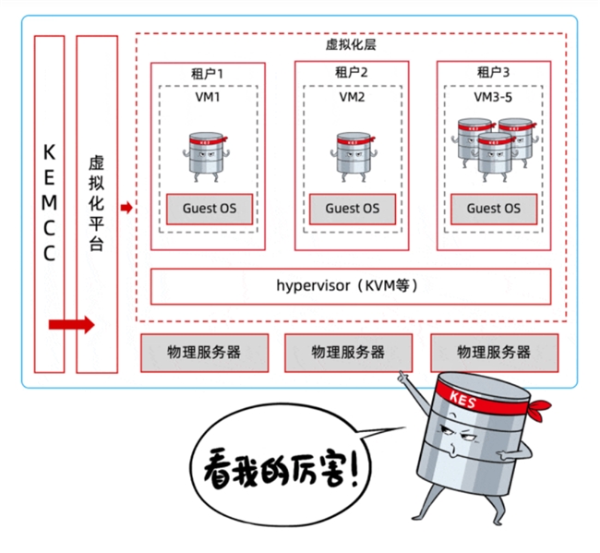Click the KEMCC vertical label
tap(49, 202)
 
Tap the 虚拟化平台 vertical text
tap(96, 202)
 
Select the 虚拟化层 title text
tap(352, 44)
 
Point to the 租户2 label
tap(352, 72)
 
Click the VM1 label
tap(208, 95)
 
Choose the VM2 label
tap(352, 95)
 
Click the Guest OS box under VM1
tap(208, 209)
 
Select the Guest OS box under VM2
tap(352, 209)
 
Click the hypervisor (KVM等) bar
tap(351, 286)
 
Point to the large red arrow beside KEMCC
tap(71, 324)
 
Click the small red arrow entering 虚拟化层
tap(126, 208)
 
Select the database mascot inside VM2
tap(352, 157)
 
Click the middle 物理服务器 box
tap(349, 352)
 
